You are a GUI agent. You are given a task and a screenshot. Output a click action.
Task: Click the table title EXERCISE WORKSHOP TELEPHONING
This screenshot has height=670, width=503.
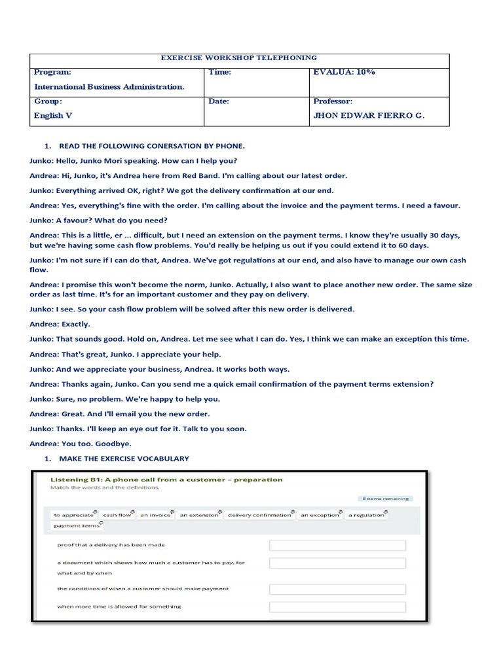tap(238, 58)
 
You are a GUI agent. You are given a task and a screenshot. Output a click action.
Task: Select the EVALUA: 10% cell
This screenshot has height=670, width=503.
tap(345, 72)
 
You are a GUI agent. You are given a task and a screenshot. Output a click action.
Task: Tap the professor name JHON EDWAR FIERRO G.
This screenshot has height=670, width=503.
tap(369, 115)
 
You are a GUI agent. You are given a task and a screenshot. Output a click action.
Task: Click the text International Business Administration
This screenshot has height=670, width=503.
tap(109, 86)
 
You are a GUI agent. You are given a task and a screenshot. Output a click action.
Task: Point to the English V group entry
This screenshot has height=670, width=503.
tap(48, 115)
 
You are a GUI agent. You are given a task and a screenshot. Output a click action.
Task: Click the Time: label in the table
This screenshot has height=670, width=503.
tap(220, 72)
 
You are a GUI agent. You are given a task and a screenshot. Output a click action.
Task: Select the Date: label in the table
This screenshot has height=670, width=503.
tap(219, 101)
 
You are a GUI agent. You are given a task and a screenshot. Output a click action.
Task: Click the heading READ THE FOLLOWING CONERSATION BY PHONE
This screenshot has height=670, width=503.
tap(151, 145)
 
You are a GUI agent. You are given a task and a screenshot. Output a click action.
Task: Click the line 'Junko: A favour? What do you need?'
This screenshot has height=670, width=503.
tap(99, 220)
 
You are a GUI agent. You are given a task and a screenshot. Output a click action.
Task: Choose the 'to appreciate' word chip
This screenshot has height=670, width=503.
tap(74, 515)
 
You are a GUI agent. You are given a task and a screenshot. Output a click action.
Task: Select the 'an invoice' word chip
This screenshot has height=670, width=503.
tap(156, 515)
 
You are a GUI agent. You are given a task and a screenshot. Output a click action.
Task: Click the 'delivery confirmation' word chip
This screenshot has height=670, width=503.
tap(260, 515)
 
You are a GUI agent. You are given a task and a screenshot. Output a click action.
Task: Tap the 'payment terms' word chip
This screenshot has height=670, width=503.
tap(77, 526)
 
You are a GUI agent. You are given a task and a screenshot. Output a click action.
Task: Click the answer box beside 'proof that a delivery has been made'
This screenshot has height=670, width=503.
tap(337, 545)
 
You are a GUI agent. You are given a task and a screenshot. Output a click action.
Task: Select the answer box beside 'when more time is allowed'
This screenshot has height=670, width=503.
tap(337, 607)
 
